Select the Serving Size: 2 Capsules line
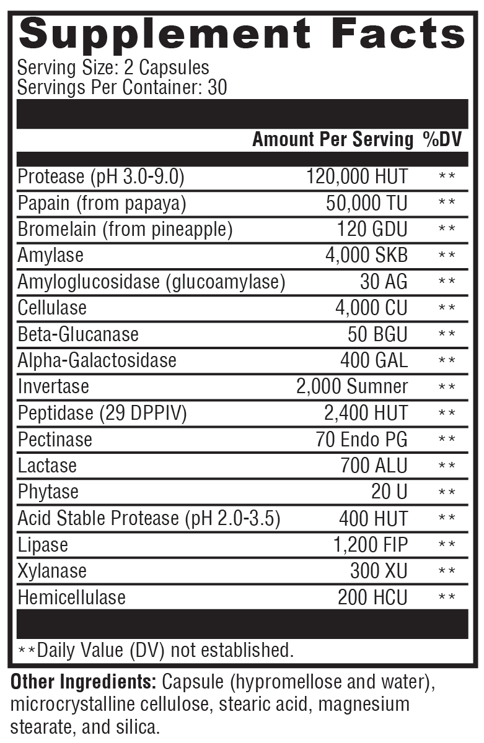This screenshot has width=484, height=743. (113, 67)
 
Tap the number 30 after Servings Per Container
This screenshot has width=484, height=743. (218, 87)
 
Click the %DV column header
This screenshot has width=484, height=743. (442, 140)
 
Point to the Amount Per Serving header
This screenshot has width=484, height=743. (332, 140)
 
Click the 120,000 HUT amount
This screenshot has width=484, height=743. (357, 176)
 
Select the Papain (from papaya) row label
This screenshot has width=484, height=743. (102, 203)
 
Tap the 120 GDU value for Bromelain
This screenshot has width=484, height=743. (372, 230)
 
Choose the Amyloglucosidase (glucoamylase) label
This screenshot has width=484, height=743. (151, 282)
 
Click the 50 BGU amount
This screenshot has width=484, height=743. (377, 334)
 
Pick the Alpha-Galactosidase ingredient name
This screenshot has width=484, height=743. (97, 360)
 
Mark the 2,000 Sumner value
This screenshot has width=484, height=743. (352, 386)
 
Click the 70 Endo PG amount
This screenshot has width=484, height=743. (361, 440)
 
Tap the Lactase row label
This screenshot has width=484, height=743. (47, 466)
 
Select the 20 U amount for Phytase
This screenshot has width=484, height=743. (389, 492)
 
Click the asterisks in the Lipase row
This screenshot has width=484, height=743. (447, 545)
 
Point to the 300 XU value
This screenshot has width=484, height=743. (379, 571)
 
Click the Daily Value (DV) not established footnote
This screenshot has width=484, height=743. (155, 650)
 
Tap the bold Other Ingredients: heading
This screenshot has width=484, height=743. (84, 683)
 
